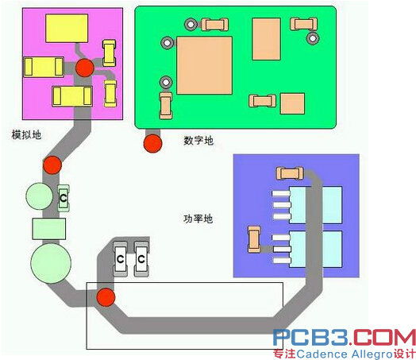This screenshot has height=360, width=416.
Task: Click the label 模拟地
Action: pos(26,135)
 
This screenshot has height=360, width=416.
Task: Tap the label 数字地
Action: pos(198,141)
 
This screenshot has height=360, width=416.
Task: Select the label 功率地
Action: pos(198,219)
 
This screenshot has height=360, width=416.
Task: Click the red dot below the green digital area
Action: pos(152,143)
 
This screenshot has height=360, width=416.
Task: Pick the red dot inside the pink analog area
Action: pos(85,68)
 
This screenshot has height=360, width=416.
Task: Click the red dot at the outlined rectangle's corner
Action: pos(106,297)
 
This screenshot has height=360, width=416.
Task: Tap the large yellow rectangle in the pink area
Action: pos(67,28)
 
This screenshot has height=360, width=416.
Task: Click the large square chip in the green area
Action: pos(204,65)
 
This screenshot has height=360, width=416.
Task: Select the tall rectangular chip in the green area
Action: pos(266,39)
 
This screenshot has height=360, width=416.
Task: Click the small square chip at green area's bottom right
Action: pos(292,103)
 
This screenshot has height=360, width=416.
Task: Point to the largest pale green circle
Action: pos(51,263)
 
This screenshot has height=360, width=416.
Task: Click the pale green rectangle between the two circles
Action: pos(49,229)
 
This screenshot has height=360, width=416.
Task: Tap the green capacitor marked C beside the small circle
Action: pos(64,198)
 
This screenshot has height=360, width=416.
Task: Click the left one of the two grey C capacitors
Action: pos(121,258)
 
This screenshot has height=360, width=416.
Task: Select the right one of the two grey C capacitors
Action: pos(141,258)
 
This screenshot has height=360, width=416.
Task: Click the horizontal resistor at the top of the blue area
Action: pos(290,173)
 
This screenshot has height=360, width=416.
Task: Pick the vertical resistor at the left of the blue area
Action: pos(254,239)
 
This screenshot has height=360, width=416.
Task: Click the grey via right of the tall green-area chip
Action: pos(313,38)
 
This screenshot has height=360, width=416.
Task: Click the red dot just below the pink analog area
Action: pos(52,165)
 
